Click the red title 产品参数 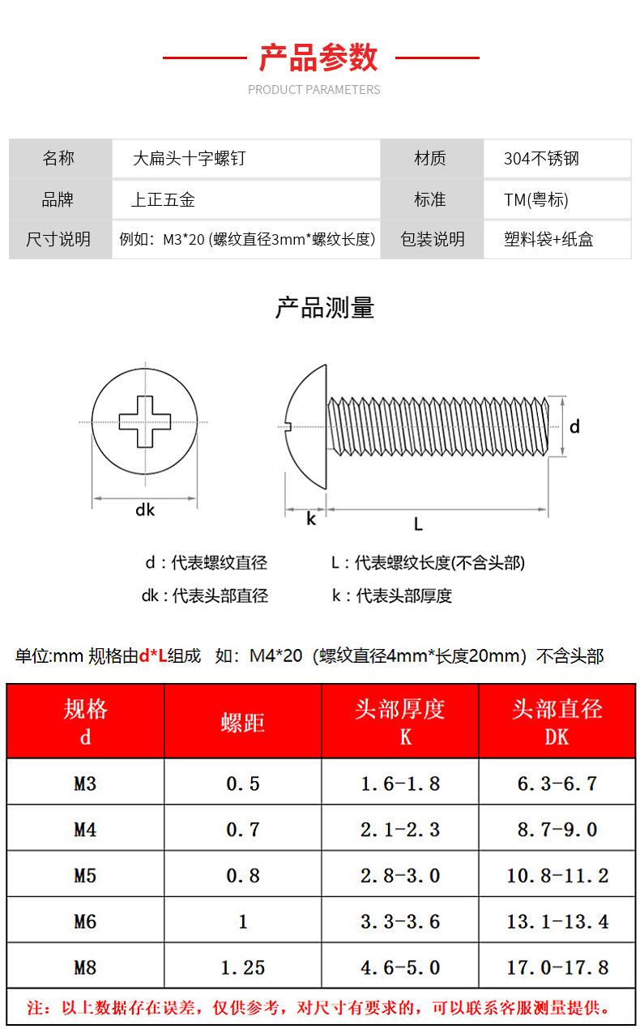tap(318, 58)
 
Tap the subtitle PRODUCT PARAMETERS tap(314, 89)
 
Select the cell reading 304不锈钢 tap(541, 159)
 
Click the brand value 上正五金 tap(163, 199)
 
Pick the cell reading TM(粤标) tap(536, 199)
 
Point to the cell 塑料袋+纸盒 tap(548, 239)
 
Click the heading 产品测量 tap(325, 308)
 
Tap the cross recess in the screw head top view tap(145, 421)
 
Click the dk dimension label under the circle tap(145, 510)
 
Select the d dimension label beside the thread tap(574, 426)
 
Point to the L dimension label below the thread tap(418, 524)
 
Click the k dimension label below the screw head tap(310, 519)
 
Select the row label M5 tap(85, 875)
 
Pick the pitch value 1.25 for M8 tap(243, 967)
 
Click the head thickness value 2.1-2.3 tap(400, 830)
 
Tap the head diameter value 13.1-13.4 tap(557, 921)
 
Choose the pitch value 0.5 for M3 tap(243, 783)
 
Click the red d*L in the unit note tap(152, 655)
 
